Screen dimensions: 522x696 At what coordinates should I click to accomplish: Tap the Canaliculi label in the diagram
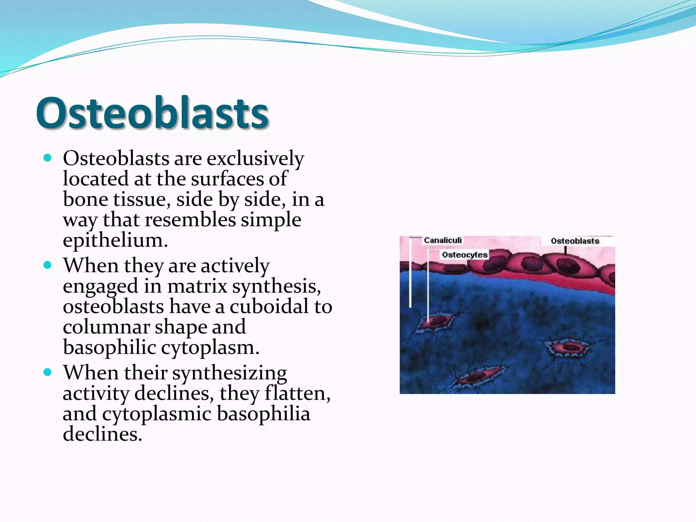tap(442, 240)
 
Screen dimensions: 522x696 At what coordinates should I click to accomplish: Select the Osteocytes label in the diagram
tap(465, 255)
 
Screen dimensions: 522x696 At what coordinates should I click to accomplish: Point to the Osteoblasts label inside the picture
tap(575, 241)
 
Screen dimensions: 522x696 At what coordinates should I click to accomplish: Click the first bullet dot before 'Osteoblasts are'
tap(48, 158)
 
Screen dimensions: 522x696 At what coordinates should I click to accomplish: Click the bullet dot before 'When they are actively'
tap(48, 265)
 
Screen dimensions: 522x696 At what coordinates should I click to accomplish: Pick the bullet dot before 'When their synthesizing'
tap(48, 372)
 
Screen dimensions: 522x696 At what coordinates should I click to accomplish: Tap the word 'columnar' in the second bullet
tap(106, 327)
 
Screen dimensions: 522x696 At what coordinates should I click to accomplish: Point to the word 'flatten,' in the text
tap(297, 393)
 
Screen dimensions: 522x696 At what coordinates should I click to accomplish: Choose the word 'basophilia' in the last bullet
tap(263, 414)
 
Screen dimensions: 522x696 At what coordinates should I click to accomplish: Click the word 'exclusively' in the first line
tap(255, 158)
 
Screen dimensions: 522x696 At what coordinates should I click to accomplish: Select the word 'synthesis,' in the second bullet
tap(276, 286)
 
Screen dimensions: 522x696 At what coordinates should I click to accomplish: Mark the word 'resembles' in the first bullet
tap(190, 220)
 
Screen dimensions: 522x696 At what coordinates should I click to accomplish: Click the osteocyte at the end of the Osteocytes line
tap(436, 321)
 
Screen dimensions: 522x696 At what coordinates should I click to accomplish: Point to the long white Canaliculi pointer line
tap(410, 272)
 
